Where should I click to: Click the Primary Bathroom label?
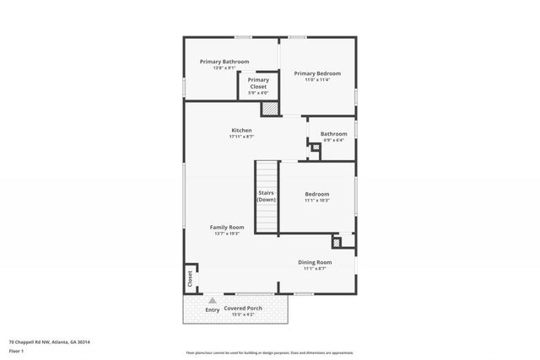point(224,62)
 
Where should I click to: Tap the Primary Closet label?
point(258,81)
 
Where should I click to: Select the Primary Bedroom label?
point(317,74)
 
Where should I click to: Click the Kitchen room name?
point(242,131)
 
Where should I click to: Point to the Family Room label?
point(227,227)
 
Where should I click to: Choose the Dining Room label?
point(315,262)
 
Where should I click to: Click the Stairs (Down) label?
point(267,196)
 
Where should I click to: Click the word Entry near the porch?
point(213,310)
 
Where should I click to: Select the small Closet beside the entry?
point(191,278)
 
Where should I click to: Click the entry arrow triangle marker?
point(213,300)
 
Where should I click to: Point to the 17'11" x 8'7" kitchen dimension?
point(241,137)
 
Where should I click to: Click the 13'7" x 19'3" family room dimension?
point(227,234)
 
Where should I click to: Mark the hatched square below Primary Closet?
point(269,108)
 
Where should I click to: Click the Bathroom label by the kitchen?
point(333,134)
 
